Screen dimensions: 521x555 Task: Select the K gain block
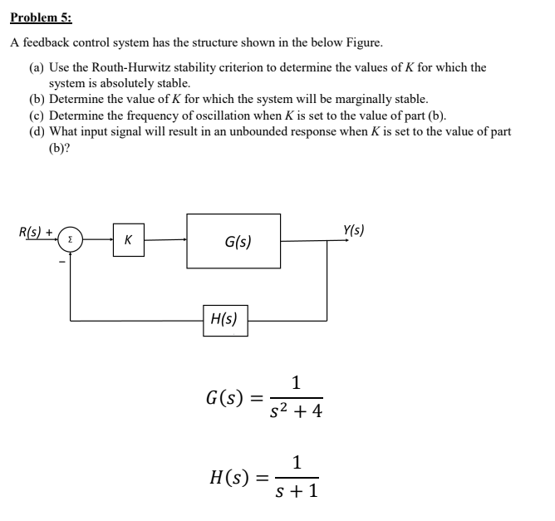point(127,241)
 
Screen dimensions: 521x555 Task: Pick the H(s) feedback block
point(224,319)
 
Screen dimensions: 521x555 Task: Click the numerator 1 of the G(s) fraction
point(297,383)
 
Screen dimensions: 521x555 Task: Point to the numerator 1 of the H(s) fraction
point(297,463)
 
